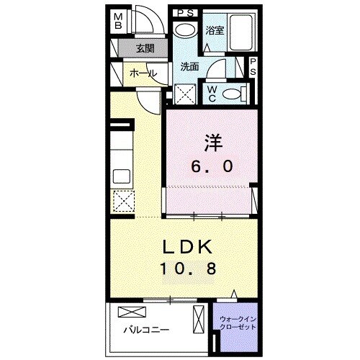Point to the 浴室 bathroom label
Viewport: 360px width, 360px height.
tap(214, 30)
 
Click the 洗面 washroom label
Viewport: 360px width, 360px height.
tap(189, 66)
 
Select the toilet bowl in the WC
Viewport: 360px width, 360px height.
tap(233, 93)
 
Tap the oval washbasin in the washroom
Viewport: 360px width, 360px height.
tap(185, 30)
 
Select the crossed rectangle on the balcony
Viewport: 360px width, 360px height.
tap(134, 312)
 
